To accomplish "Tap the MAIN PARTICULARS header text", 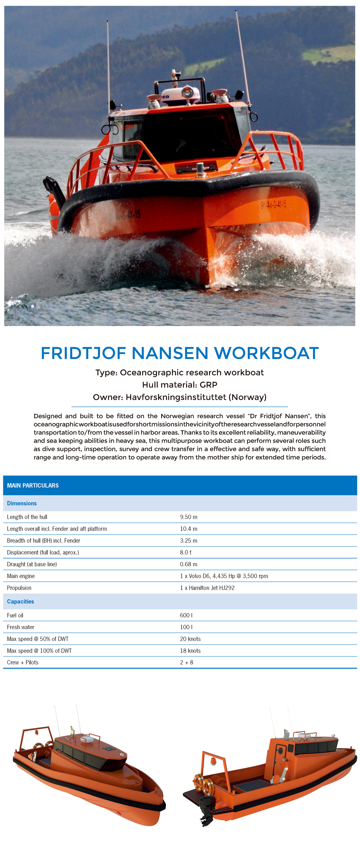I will pos(33,485).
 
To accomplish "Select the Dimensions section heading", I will pos(22,503).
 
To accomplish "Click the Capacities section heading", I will pos(20,601).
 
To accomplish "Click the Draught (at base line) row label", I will pos(32,564).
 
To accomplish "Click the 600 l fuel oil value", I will pos(186,615).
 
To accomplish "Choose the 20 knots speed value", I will pos(190,639).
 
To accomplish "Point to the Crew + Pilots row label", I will pos(22,662).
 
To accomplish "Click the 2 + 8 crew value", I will pos(186,662).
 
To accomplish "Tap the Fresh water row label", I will pos(20,627).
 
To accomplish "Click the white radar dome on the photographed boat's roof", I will pos(180,95).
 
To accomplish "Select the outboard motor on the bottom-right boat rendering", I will pos(206,811).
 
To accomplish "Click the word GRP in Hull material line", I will pos(208,385).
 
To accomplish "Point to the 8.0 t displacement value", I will pos(185,552).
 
